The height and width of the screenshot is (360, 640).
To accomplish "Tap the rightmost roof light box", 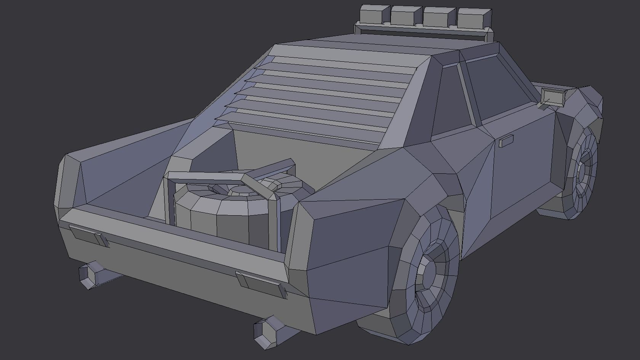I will pos(474,18).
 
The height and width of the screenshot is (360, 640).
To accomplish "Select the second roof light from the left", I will pos(406,16).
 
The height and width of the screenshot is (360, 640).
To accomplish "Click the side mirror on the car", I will pos(552,97).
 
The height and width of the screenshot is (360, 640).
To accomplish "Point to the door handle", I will pos(506,141).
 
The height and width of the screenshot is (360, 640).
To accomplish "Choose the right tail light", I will pos(261,284).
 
